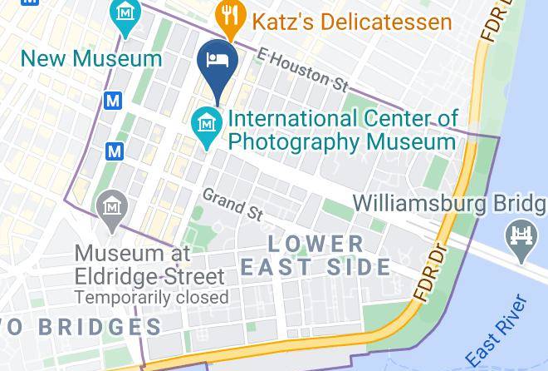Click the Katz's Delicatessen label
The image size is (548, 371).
click(352, 20)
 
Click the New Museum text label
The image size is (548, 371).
click(91, 58)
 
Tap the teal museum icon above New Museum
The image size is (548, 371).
click(125, 14)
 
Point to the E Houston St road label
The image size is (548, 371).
click(302, 68)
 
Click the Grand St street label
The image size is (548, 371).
click(232, 204)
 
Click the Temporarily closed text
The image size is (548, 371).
click(151, 297)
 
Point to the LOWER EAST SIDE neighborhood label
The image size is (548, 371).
click(316, 255)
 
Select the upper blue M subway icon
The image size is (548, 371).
click(114, 101)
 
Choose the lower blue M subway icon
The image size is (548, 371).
click(115, 151)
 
